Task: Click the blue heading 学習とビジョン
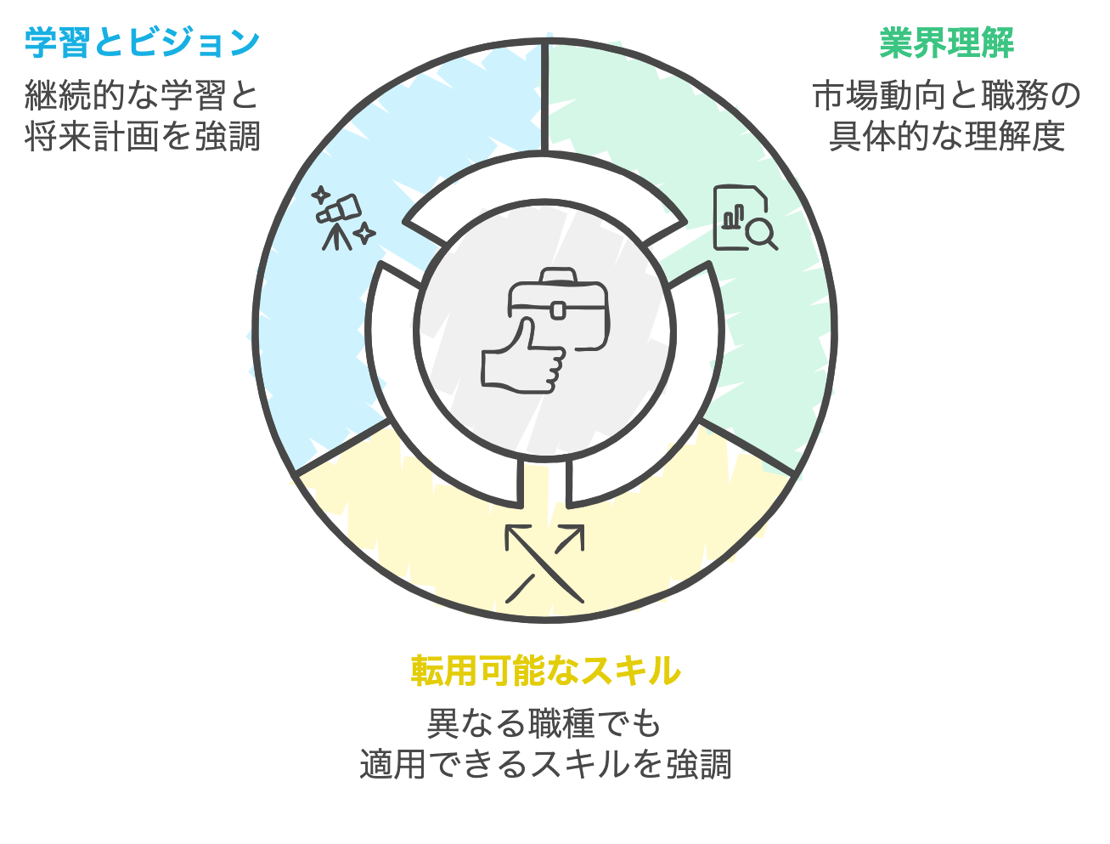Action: coord(142,42)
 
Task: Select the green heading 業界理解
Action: coord(946,42)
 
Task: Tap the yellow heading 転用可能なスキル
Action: coord(545,671)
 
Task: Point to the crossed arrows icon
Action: coord(545,564)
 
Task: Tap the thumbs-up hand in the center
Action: coord(523,356)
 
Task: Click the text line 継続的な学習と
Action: coord(142,95)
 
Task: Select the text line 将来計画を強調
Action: coord(142,136)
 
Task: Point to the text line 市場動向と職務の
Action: coord(946,95)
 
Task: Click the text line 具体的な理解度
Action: coord(946,136)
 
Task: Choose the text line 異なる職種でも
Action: coord(544,723)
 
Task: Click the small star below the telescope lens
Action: coord(364,233)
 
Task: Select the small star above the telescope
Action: coord(320,195)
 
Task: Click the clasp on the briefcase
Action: coord(558,309)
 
